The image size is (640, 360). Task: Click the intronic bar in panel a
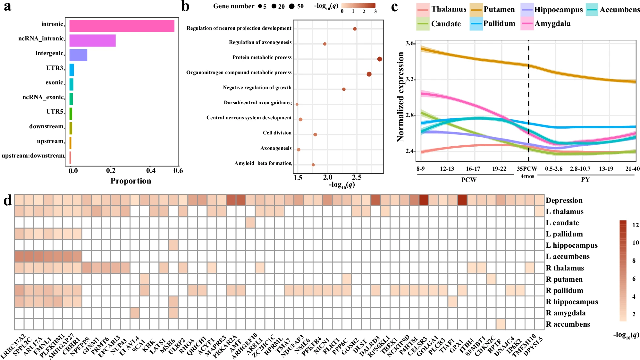122,26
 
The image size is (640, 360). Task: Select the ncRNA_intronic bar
92,41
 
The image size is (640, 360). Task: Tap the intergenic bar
78,55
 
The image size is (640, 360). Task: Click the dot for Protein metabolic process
380,59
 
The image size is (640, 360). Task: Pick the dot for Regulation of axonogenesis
325,44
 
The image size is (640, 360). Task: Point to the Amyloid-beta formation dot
313,165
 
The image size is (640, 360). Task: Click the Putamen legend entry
499,10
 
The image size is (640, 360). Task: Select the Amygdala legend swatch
527,24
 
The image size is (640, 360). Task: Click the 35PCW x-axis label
527,169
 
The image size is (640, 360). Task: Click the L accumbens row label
568,257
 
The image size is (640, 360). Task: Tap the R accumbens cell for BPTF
501,324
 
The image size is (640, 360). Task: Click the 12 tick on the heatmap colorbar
635,225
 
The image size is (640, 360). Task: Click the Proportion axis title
131,181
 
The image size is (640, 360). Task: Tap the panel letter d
7,201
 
